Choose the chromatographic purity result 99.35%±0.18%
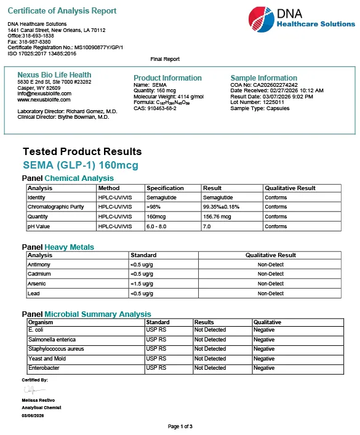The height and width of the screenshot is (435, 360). (x=221, y=207)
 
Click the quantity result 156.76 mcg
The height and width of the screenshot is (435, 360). (x=217, y=217)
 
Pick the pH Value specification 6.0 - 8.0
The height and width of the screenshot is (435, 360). (x=159, y=226)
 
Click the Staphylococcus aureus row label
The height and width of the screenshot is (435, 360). (x=56, y=349)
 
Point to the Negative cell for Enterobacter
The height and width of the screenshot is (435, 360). (x=264, y=368)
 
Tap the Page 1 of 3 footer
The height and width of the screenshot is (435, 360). (x=180, y=426)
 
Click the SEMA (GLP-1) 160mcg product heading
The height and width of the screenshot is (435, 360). (x=81, y=165)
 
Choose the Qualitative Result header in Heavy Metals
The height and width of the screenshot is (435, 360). (x=270, y=255)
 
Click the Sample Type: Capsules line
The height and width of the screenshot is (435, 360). (x=257, y=108)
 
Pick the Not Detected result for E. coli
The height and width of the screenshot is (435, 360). (x=210, y=330)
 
